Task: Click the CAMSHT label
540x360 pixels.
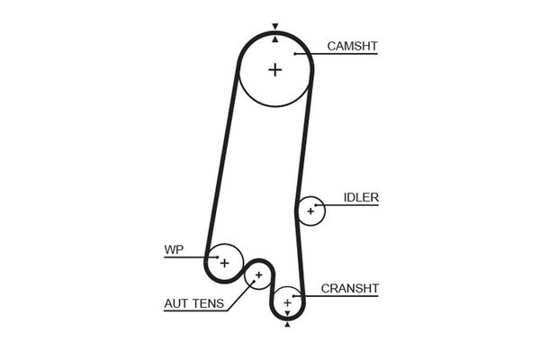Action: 352,45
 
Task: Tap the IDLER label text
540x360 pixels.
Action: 361,197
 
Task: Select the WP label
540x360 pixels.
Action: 173,249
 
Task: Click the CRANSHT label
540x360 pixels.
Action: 350,288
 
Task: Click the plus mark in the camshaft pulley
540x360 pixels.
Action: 274,69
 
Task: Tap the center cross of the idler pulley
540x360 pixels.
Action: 310,211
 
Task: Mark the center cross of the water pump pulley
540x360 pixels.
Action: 225,262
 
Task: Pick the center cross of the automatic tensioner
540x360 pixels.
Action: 258,274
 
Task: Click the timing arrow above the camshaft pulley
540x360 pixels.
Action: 275,27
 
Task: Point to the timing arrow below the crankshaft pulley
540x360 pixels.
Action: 288,325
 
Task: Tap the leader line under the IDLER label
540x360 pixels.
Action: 351,205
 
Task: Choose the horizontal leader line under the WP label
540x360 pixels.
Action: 184,257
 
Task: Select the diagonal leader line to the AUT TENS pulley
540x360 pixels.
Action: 238,298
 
